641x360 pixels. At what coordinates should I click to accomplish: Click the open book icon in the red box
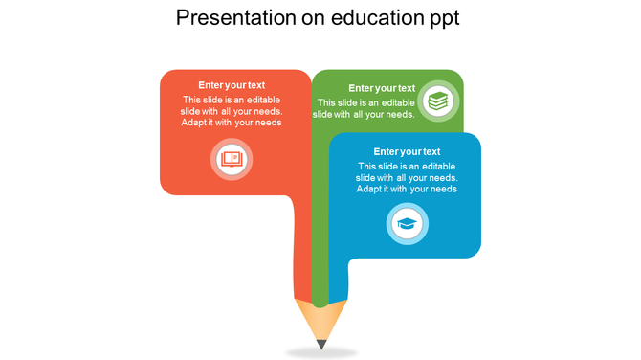(x=232, y=159)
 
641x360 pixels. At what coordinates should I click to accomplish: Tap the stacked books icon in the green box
(x=439, y=100)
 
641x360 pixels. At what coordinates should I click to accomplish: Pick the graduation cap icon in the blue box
(x=408, y=225)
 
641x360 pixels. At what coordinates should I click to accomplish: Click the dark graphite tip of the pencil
(x=321, y=343)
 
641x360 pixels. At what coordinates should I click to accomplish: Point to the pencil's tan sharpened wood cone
(x=321, y=319)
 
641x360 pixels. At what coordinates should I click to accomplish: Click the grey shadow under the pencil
(x=321, y=352)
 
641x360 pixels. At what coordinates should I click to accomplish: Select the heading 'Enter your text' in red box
(x=232, y=85)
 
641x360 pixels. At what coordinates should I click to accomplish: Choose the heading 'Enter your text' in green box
(x=382, y=88)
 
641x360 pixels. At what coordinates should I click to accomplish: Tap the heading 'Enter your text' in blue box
(x=407, y=151)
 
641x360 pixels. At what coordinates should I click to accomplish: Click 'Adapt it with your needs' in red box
(x=232, y=123)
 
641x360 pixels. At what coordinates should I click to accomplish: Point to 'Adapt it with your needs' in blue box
(x=407, y=189)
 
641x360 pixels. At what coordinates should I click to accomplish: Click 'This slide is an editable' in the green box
(x=366, y=102)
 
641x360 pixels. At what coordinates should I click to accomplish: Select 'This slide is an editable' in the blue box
(x=407, y=166)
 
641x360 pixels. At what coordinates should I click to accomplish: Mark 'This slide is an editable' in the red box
(x=232, y=99)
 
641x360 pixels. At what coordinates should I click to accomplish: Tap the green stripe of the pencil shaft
(x=320, y=259)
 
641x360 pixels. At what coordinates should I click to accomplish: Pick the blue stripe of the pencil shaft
(x=338, y=278)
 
